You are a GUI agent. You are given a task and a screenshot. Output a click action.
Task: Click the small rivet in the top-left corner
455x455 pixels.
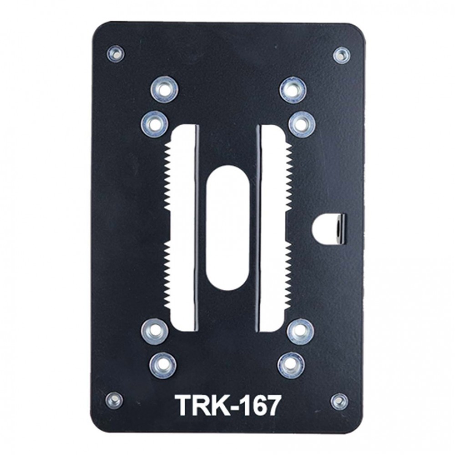[x=116, y=54]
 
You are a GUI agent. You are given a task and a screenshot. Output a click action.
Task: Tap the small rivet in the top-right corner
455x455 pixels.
[x=341, y=55]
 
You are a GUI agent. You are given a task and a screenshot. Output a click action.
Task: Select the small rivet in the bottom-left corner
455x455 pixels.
[x=114, y=400]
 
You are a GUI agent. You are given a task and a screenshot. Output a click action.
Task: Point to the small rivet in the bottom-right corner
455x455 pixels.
[x=339, y=401]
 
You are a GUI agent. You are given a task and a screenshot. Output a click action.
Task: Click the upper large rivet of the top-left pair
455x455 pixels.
[x=164, y=89]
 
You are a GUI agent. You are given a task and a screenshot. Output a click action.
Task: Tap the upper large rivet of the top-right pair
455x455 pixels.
[x=293, y=90]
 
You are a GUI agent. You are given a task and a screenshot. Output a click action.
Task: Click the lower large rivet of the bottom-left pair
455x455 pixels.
[x=163, y=365]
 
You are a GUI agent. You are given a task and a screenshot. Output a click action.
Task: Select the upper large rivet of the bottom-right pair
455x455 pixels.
[x=300, y=331]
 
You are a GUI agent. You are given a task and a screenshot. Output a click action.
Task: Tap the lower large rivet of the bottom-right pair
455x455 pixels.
[x=291, y=365]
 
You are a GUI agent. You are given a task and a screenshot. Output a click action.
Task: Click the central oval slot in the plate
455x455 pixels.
[x=228, y=227]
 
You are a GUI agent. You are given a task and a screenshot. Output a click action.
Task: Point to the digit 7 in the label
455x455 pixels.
[x=272, y=405]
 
